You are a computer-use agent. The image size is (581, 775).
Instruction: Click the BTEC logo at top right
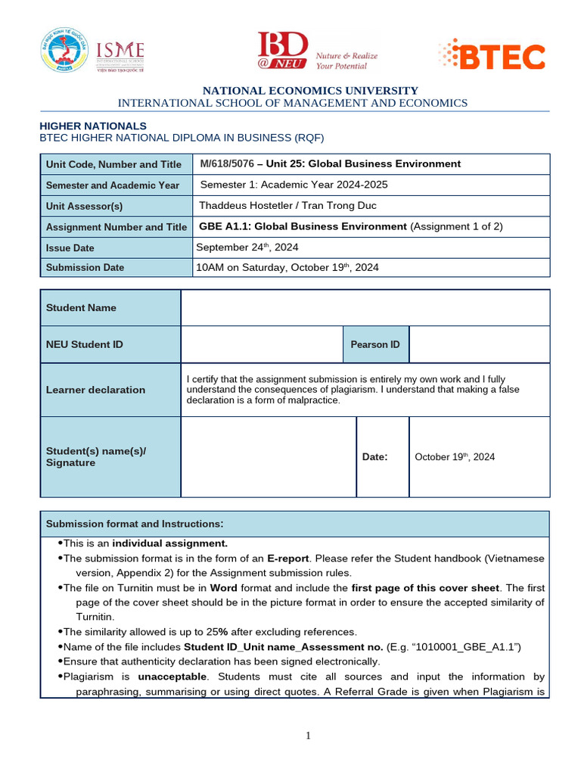point(491,56)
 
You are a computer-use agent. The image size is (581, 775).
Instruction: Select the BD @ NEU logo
point(316,51)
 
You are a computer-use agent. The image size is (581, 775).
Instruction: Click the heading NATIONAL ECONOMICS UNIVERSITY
point(310,91)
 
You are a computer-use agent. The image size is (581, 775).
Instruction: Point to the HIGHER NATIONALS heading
point(93,126)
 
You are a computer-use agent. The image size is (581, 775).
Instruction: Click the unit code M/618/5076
point(227,163)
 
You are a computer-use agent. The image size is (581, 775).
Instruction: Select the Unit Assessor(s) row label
point(84,206)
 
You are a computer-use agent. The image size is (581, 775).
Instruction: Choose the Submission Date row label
point(85,267)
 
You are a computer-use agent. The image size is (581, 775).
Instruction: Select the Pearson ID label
point(374,344)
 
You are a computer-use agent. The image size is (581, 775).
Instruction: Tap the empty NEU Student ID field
point(262,344)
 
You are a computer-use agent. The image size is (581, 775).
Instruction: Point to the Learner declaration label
point(95,390)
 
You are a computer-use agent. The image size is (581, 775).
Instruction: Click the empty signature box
point(268,456)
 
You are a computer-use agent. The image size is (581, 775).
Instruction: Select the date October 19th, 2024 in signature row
point(455,457)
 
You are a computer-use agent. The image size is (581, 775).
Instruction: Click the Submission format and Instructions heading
point(135,524)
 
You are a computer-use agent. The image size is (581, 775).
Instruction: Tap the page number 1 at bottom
point(309,736)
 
